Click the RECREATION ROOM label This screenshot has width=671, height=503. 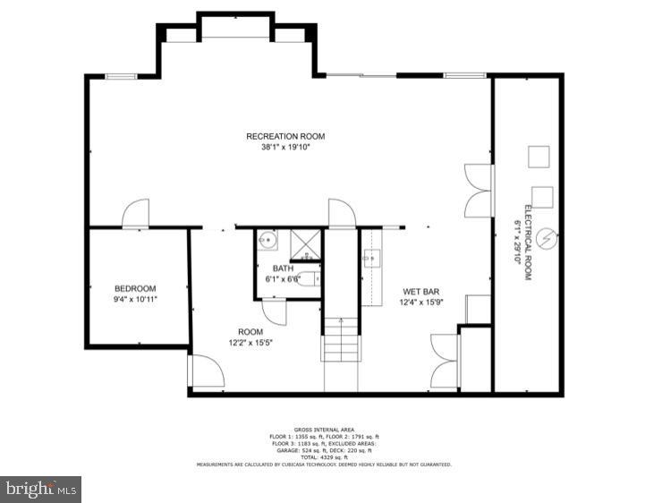(x=285, y=136)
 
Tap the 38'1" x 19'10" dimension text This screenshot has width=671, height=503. (x=285, y=147)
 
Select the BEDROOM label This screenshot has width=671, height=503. (x=135, y=288)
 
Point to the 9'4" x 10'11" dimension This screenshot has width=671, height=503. (x=135, y=299)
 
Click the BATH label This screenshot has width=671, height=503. (x=283, y=269)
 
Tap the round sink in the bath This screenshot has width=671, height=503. (x=267, y=241)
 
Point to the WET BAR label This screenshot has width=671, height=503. (x=419, y=292)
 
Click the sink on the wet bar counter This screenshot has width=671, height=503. (x=372, y=260)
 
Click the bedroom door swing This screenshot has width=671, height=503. (x=136, y=215)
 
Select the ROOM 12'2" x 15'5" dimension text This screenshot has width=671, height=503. (x=251, y=342)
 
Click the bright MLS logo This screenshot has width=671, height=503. (x=40, y=489)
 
